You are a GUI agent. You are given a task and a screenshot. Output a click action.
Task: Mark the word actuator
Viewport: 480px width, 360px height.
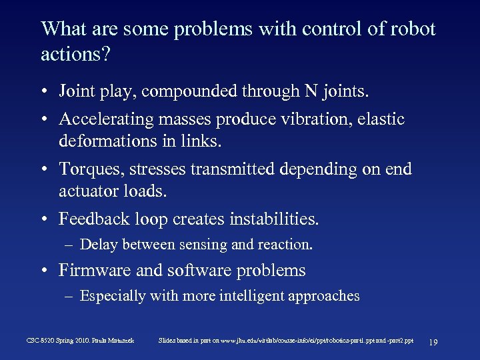tap(89, 192)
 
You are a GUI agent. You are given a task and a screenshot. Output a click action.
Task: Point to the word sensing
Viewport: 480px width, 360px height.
tap(202, 245)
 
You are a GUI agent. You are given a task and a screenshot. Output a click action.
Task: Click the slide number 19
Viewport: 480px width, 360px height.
tap(433, 341)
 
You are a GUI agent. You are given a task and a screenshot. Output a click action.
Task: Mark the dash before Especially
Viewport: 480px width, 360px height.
tap(69, 297)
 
